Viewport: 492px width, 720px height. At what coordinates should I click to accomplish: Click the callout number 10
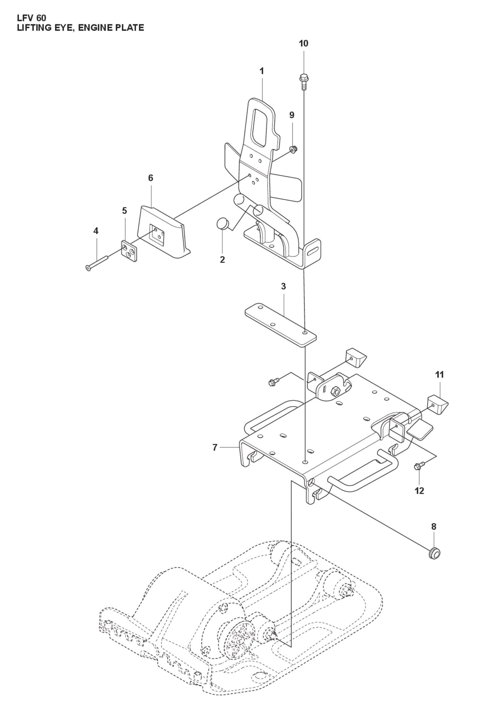(303, 44)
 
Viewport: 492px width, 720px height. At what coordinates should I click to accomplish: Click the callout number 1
(261, 71)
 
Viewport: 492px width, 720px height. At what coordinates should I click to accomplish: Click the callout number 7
(215, 447)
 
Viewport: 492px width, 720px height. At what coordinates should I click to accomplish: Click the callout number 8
(433, 527)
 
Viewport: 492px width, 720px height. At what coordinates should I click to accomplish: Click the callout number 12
(419, 490)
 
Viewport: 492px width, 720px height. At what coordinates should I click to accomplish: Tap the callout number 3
(283, 286)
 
